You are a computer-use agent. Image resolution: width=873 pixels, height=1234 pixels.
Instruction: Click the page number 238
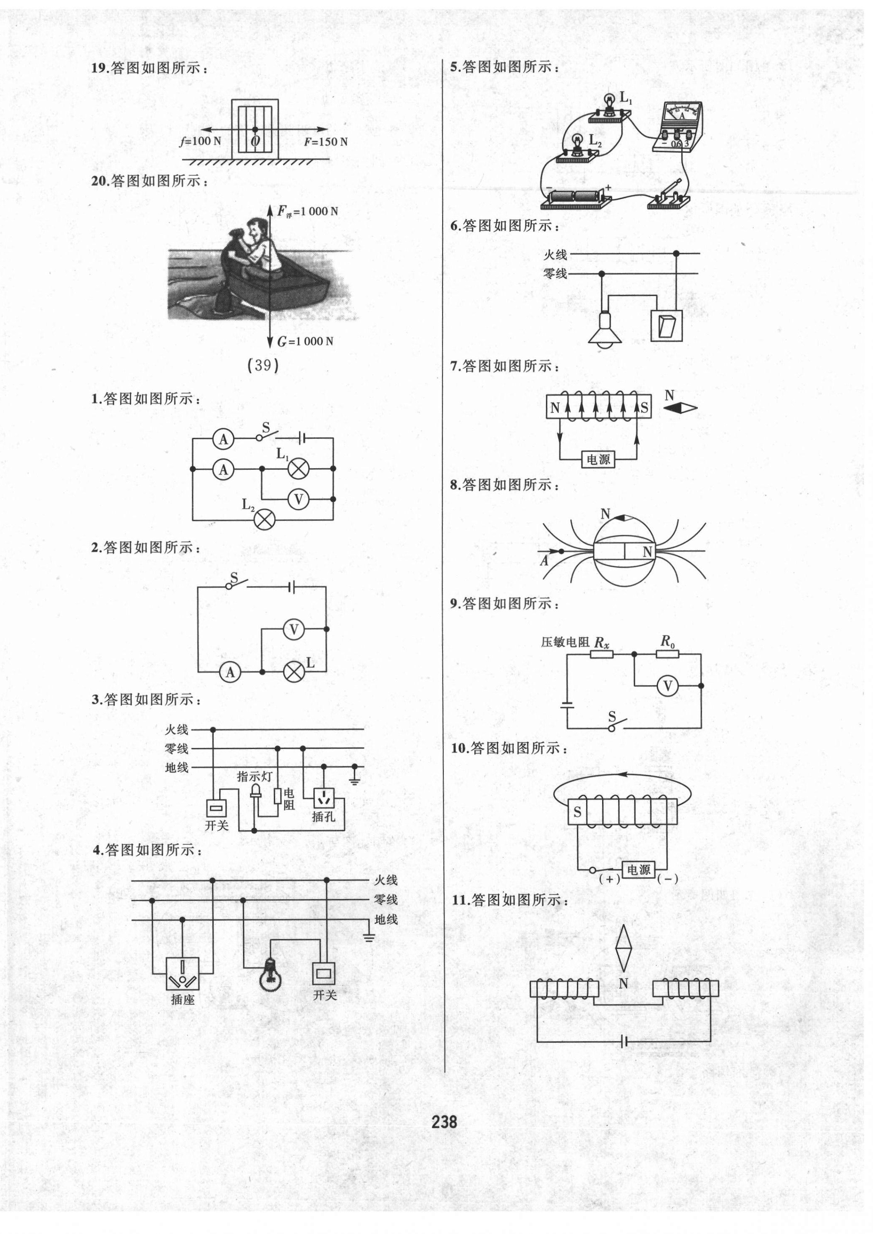pyautogui.click(x=444, y=1121)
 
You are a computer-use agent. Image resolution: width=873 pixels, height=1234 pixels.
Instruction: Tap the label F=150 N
pyautogui.click(x=325, y=142)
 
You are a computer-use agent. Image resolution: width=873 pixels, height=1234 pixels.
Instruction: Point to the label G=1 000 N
pyautogui.click(x=305, y=341)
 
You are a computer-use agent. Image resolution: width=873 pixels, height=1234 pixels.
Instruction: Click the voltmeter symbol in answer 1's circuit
pyautogui.click(x=298, y=499)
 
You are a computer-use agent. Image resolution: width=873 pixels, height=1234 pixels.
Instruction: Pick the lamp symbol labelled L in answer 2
pyautogui.click(x=294, y=672)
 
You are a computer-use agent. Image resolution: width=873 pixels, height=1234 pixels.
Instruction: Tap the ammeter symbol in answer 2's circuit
pyautogui.click(x=231, y=672)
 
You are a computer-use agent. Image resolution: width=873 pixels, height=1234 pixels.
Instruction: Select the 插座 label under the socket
pyautogui.click(x=182, y=1000)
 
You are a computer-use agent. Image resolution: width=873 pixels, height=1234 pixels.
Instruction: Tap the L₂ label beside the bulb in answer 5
pyautogui.click(x=595, y=141)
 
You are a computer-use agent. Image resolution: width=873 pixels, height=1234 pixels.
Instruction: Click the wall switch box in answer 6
pyautogui.click(x=666, y=326)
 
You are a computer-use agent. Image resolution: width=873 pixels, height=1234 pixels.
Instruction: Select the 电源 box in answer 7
pyautogui.click(x=598, y=459)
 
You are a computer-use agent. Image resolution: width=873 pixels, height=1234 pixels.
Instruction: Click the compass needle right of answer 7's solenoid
pyautogui.click(x=680, y=408)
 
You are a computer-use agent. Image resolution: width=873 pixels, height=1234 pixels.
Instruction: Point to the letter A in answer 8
pyautogui.click(x=545, y=561)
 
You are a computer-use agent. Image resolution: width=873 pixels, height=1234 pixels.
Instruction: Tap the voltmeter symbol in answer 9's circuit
pyautogui.click(x=668, y=686)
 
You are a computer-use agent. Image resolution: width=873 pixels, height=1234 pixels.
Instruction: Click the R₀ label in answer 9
pyautogui.click(x=667, y=641)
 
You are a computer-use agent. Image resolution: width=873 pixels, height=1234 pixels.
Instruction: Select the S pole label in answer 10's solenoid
pyautogui.click(x=577, y=812)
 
